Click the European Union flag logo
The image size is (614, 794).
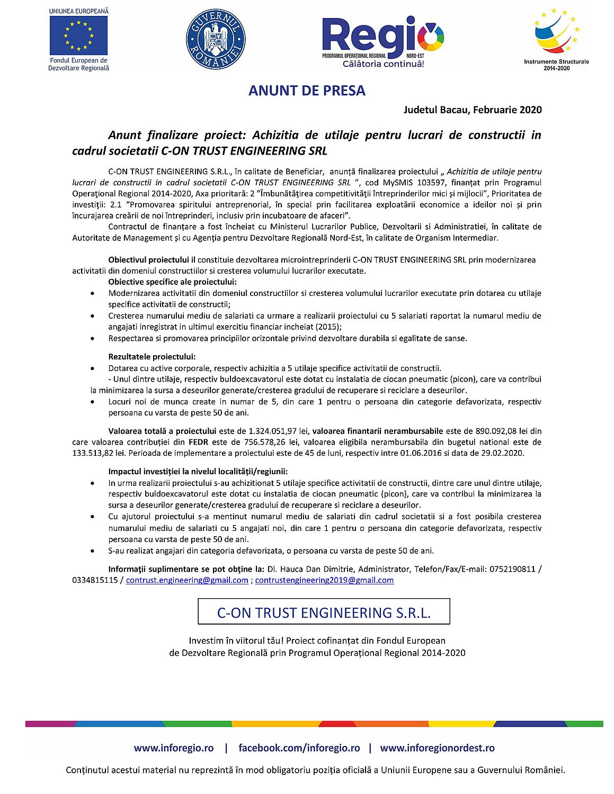[78, 35]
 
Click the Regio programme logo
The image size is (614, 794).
[383, 41]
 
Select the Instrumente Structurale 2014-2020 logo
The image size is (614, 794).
[556, 38]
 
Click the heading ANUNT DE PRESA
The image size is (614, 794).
[307, 91]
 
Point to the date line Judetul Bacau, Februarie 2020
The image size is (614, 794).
[473, 110]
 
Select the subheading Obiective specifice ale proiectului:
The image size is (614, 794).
[172, 282]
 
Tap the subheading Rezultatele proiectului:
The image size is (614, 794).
[152, 357]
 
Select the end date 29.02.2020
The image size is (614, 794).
[504, 453]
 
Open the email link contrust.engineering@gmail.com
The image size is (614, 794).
[187, 580]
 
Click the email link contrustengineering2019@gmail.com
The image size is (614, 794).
[324, 580]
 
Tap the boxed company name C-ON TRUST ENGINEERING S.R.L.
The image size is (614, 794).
[324, 612]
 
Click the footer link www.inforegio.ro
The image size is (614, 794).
[174, 748]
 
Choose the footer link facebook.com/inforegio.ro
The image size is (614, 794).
[299, 748]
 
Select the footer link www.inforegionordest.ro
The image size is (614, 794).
[437, 748]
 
